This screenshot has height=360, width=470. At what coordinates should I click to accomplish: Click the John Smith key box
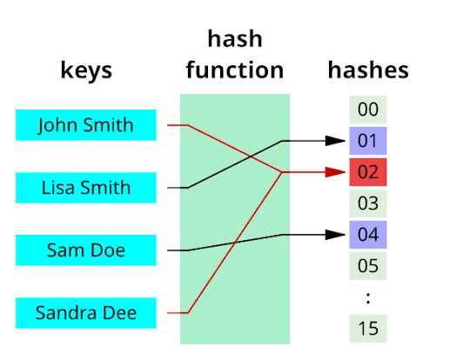click(86, 125)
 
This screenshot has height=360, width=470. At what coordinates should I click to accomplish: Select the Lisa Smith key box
click(86, 188)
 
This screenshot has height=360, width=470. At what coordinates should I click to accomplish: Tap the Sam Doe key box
click(86, 250)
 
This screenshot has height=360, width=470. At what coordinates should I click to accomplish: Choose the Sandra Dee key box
click(86, 312)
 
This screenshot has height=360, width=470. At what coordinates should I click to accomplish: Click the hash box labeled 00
click(368, 110)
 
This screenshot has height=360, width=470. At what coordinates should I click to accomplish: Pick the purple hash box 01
click(368, 141)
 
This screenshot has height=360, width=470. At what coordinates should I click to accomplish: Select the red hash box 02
click(368, 172)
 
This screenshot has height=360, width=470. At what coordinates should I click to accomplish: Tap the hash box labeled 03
click(368, 203)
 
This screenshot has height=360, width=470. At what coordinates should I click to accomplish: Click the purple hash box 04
click(368, 235)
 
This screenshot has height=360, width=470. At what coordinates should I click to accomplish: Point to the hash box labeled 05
click(368, 266)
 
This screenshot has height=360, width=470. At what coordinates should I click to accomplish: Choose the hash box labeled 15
click(368, 329)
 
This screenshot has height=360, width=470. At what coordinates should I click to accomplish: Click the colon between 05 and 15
click(368, 297)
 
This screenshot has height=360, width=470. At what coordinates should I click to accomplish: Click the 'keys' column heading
click(86, 70)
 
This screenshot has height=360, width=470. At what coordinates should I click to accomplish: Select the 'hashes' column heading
click(368, 70)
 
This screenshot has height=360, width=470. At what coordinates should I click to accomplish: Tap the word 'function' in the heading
click(234, 70)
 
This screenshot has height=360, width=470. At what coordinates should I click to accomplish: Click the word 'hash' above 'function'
click(234, 40)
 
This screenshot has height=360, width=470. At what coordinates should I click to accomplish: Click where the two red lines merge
click(281, 172)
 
